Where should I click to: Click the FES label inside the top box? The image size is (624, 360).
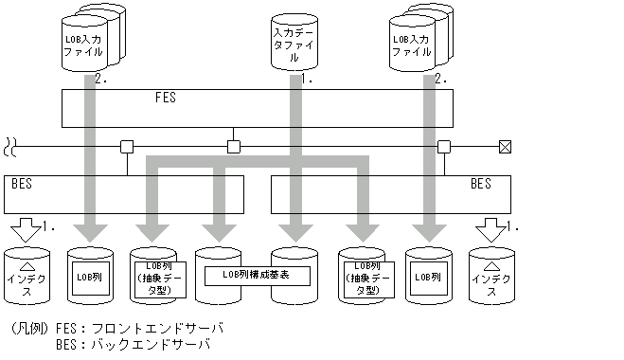pos(166,98)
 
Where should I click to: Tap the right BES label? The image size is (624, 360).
pos(481,184)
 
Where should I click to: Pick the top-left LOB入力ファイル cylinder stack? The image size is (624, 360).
pos(87,40)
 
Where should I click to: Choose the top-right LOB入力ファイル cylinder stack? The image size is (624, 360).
pos(417,40)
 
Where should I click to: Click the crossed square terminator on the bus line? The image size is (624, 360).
pos(505,147)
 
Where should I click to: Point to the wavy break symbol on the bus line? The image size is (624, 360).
pos(10,147)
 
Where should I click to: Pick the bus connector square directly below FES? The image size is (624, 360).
pos(233,147)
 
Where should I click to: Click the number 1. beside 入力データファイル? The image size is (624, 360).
pos(307,81)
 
